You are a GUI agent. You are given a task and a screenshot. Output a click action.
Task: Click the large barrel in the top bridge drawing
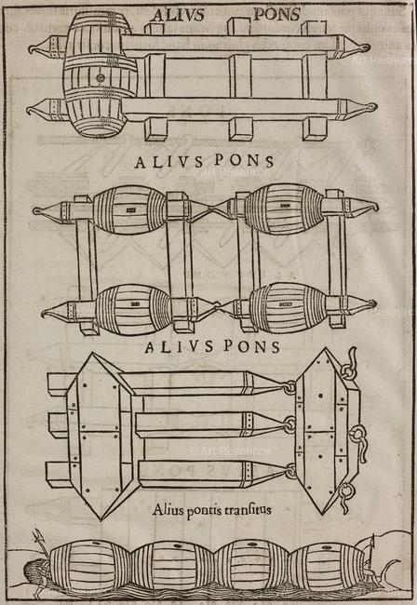coord(100,74)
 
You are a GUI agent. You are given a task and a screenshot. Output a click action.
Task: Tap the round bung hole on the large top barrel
coord(101,78)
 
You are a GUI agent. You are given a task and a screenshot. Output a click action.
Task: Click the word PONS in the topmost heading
coord(276,15)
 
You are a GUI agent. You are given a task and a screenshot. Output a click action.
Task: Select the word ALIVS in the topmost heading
coord(178,15)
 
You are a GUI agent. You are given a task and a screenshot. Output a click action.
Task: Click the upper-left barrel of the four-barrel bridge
coord(130,210)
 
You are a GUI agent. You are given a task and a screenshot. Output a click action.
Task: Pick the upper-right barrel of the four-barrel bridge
coord(284,208)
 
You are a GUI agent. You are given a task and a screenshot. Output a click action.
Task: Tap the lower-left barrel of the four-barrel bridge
coord(133,310)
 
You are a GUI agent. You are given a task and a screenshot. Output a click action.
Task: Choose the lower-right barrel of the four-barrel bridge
coord(289,307)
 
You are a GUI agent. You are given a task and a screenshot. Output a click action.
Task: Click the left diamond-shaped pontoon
coord(101,436)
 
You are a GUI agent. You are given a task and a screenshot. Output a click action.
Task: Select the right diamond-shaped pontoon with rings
coord(327,431)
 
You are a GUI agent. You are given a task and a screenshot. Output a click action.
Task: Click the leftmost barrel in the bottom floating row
coord(90,566)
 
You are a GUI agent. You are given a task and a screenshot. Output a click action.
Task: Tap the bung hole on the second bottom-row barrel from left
coord(177,546)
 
